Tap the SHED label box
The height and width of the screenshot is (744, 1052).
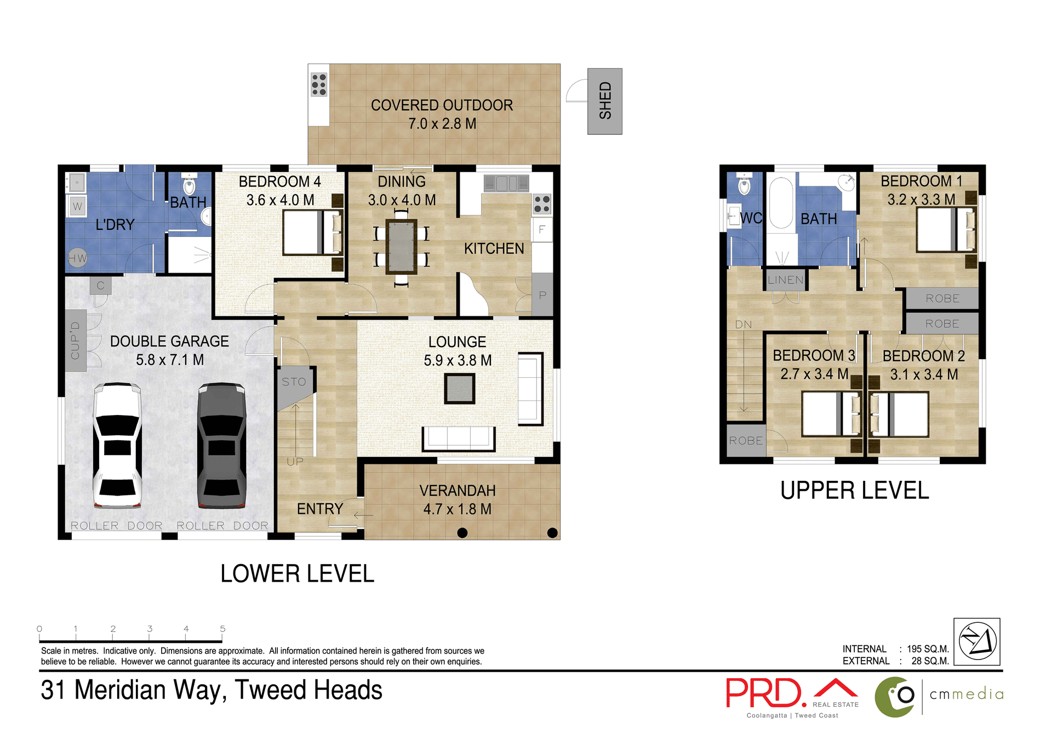click(604, 101)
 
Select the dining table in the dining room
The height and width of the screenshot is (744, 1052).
click(401, 247)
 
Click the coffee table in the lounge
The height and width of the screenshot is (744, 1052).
click(459, 388)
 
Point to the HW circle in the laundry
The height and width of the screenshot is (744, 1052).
click(77, 258)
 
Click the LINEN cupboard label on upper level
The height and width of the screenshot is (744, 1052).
click(785, 280)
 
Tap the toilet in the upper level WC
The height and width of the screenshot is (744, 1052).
click(744, 185)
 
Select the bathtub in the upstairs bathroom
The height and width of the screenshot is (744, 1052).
click(781, 203)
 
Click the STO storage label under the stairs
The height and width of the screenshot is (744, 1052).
click(294, 382)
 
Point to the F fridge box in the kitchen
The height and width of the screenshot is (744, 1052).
click(541, 230)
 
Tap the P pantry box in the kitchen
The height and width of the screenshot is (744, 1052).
click(542, 295)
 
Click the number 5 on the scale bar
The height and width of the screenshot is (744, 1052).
click(222, 629)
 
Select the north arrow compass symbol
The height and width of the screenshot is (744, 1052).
click(976, 641)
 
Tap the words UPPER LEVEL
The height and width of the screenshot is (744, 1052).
click(854, 491)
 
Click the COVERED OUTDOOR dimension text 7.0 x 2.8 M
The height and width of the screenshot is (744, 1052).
click(442, 124)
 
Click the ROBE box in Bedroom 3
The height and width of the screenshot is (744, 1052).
click(745, 440)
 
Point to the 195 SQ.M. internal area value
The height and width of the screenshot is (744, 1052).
click(928, 649)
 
